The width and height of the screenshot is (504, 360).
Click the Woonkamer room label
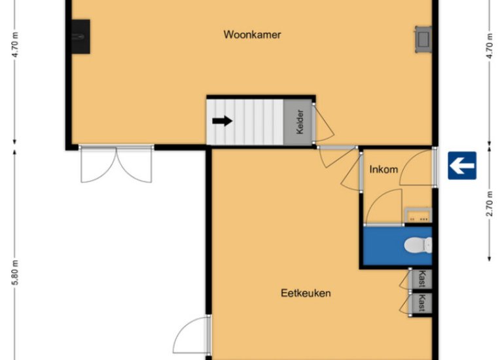point(252,35)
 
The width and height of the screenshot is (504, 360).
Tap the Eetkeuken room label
point(306,293)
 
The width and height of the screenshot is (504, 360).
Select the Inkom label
point(384,170)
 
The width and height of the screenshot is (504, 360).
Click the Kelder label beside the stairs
point(300,122)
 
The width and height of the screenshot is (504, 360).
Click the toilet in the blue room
point(418,245)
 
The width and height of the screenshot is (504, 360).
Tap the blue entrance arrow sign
point(462,166)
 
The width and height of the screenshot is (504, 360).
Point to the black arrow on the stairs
point(222,121)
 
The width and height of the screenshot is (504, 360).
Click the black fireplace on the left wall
point(81,37)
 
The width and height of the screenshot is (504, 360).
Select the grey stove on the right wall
point(423,39)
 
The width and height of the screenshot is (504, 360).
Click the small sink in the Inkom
point(418,215)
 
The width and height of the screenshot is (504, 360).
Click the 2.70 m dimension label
point(489,204)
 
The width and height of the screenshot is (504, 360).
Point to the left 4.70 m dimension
point(15,45)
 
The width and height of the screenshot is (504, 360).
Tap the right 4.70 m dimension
point(489,45)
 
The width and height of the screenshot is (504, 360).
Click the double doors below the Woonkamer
point(116,164)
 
